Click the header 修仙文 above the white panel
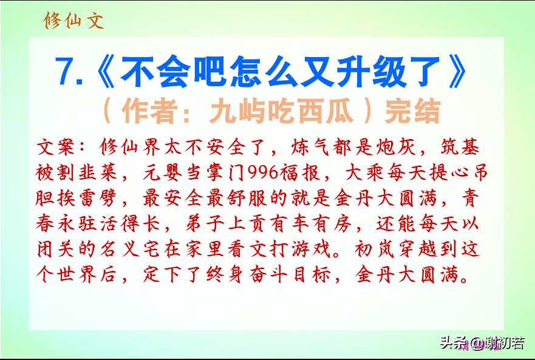click(x=73, y=21)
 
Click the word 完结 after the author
click(x=412, y=111)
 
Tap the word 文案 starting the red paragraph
click(x=56, y=148)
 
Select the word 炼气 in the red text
click(x=310, y=148)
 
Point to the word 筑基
click(x=460, y=148)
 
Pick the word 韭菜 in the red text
click(x=98, y=172)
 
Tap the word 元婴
click(x=162, y=172)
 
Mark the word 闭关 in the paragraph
click(x=56, y=250)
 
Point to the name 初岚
click(x=374, y=250)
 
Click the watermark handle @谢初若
click(x=497, y=343)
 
